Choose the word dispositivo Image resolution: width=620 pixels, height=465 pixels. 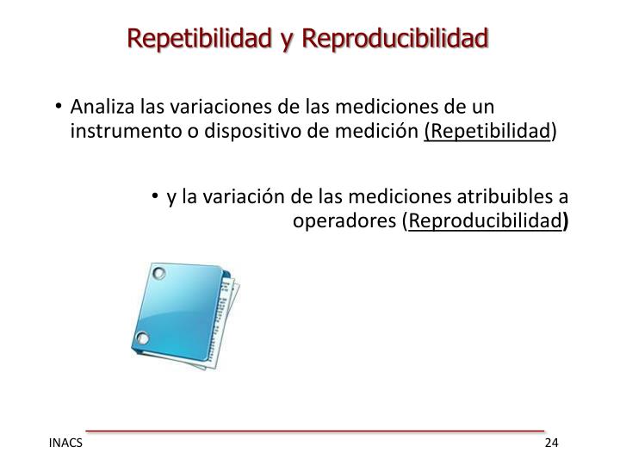pyautogui.click(x=250, y=132)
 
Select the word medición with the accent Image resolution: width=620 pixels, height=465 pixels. pyautogui.click(x=386, y=132)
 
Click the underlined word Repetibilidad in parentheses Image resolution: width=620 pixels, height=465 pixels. pyautogui.click(x=488, y=132)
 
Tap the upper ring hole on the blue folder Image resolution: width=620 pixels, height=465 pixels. pyautogui.click(x=158, y=275)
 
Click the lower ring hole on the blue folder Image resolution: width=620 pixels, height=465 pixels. pyautogui.click(x=144, y=337)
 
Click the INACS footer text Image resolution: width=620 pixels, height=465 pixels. pyautogui.click(x=65, y=443)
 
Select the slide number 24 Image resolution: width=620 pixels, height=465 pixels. pyautogui.click(x=551, y=443)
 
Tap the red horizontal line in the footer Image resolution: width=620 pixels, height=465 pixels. pyautogui.click(x=314, y=429)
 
